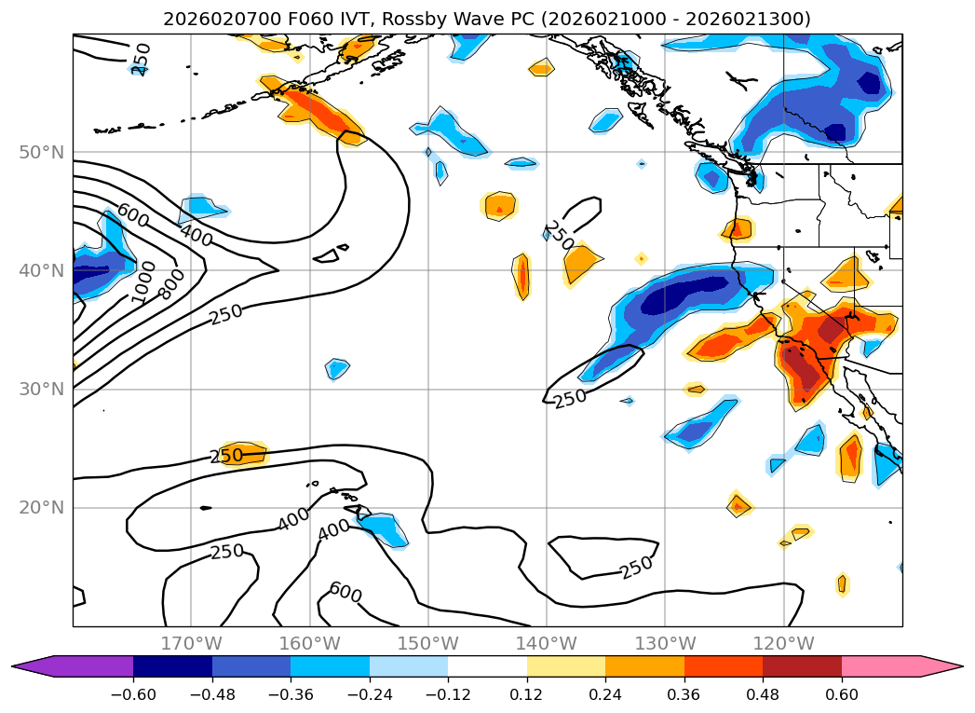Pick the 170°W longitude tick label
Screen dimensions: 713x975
point(191,643)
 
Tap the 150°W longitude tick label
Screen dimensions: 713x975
point(427,643)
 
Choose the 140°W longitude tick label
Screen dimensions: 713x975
point(546,643)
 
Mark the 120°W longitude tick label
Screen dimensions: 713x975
point(783,643)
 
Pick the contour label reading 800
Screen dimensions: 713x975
point(171,284)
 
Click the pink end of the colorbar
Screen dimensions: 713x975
point(899,666)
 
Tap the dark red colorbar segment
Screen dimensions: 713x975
point(802,666)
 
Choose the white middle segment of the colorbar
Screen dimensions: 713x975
point(487,666)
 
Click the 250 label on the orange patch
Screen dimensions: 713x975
point(225,456)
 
